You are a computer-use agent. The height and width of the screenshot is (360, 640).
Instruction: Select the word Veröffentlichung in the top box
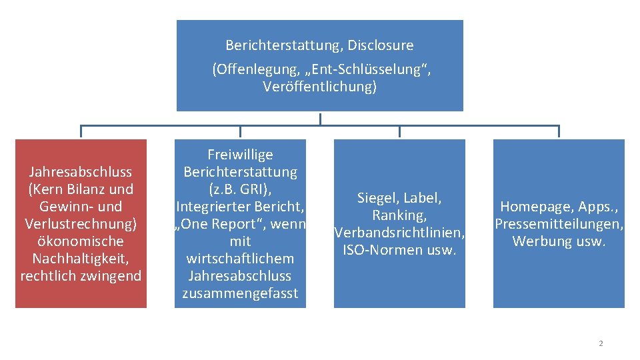(x=319, y=87)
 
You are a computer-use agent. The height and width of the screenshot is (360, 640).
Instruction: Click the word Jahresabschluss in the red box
(x=81, y=172)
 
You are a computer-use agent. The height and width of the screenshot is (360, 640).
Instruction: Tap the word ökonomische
(x=81, y=241)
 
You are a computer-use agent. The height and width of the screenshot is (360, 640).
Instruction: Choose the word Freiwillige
(x=240, y=155)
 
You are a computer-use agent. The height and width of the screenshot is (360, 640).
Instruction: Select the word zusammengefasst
(x=240, y=293)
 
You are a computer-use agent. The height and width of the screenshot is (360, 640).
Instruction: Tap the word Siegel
(x=377, y=198)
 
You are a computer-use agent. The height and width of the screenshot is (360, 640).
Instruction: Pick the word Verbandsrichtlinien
(x=399, y=233)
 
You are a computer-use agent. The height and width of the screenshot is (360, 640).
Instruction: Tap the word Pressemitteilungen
(x=559, y=224)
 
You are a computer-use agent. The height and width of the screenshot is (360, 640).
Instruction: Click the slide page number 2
(x=601, y=343)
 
